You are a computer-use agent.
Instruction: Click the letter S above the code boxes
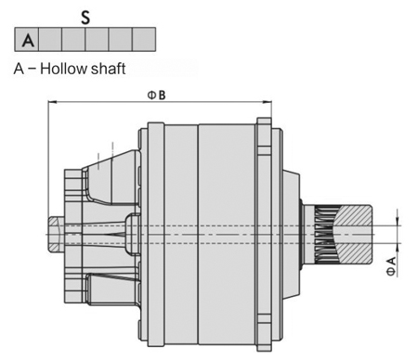pos(85,18)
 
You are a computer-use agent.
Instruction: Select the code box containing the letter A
pos(27,39)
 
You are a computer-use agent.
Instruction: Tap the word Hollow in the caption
pos(64,69)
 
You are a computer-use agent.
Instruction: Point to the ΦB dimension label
pos(156,96)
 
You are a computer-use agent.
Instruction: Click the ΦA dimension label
pos(391,266)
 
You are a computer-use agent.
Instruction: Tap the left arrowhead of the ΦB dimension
pos(53,102)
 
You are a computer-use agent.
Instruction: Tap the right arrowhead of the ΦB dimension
pos(267,102)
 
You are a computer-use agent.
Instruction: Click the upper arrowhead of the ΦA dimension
pos(398,221)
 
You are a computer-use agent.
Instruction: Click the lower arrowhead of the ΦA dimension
pos(398,248)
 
